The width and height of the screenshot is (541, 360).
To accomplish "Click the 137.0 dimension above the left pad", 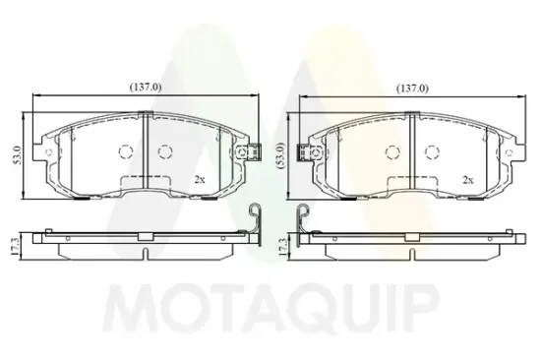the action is (x=146, y=88).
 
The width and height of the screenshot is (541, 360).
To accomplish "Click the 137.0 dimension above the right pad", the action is (x=412, y=89).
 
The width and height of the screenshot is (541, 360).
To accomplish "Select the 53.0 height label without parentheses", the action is (x=18, y=155).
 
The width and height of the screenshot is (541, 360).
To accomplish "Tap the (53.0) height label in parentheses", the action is (x=281, y=155).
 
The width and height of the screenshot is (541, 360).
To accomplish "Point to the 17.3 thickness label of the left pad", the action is (x=15, y=247).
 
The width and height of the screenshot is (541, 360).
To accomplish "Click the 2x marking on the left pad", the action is (x=200, y=179).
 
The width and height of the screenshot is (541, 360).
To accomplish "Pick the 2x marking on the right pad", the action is (x=468, y=180).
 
